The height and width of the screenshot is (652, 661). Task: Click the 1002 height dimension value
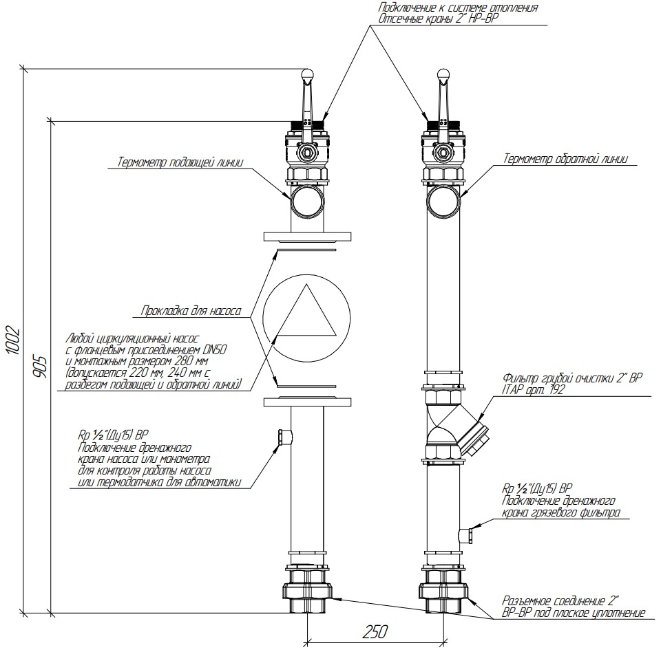tap(13, 340)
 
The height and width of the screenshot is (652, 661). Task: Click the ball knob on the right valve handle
tap(443, 73)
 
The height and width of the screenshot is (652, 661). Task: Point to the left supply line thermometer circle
tap(306, 202)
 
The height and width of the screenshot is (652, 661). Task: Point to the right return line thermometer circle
tap(443, 202)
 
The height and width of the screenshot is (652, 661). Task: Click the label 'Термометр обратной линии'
tap(565, 159)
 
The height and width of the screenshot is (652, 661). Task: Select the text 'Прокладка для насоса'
tap(190, 311)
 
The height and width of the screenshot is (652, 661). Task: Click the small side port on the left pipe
tap(283, 435)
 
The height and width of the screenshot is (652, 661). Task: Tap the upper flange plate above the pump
tap(306, 237)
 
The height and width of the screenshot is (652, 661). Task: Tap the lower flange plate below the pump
tap(306, 401)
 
